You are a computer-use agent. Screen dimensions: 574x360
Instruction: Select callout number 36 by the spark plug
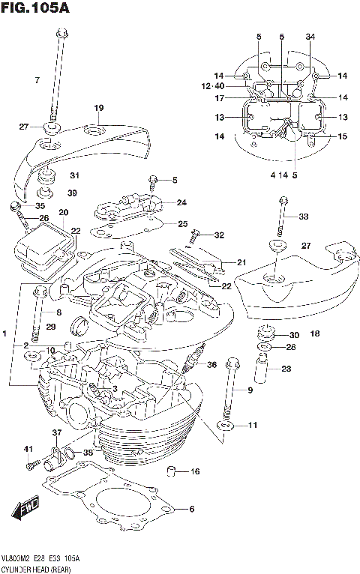[211, 365]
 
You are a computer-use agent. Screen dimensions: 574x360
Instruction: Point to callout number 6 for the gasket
[191, 510]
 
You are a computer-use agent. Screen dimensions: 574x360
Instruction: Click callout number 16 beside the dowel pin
[195, 471]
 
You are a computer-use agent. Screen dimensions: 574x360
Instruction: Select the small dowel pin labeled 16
[171, 471]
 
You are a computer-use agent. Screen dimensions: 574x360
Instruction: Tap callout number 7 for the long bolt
[36, 79]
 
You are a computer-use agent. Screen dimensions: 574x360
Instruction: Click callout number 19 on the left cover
[98, 109]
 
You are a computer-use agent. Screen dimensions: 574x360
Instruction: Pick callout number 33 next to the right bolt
[303, 217]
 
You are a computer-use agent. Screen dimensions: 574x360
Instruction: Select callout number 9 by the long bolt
[250, 390]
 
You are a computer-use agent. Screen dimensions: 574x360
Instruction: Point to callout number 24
[182, 202]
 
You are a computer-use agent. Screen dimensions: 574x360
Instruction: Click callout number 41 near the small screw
[28, 449]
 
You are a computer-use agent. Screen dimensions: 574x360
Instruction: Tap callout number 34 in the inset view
[310, 37]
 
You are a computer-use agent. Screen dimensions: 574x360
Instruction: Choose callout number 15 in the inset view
[342, 136]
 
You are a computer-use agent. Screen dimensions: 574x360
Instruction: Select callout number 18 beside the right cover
[315, 334]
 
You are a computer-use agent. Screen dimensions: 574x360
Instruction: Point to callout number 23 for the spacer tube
[286, 368]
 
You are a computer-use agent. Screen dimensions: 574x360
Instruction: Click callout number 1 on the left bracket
[5, 333]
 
